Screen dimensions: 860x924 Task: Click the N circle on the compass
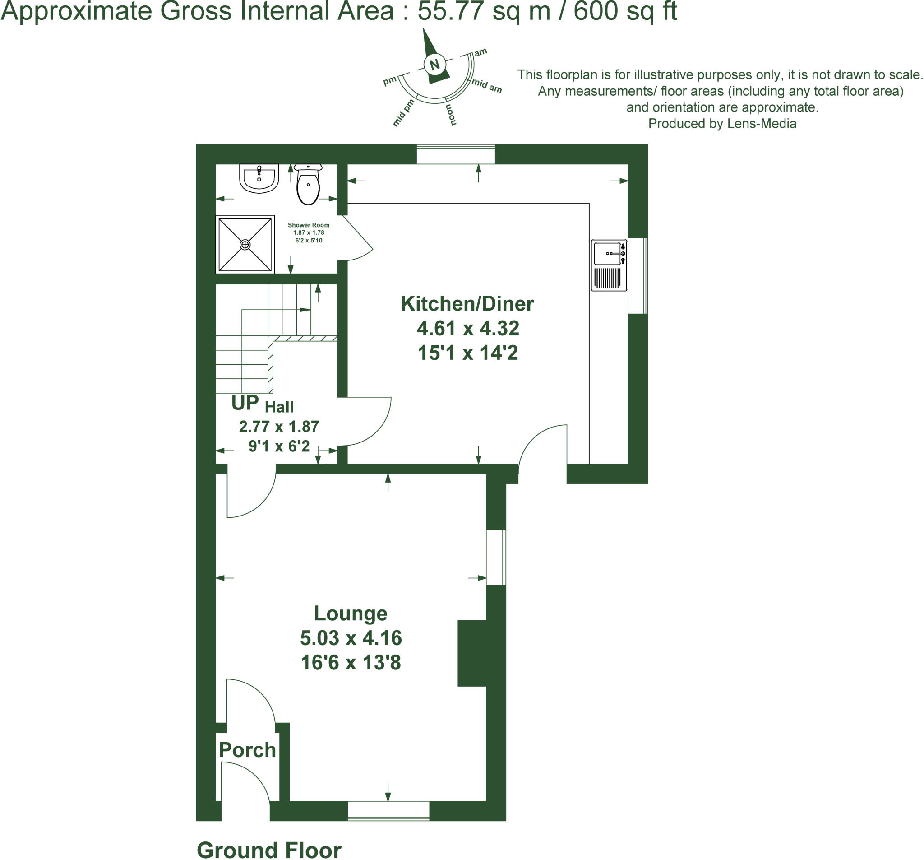(434, 64)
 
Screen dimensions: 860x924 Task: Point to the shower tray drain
(245, 245)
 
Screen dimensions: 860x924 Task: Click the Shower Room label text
(308, 225)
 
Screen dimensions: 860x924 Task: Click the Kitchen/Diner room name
(467, 304)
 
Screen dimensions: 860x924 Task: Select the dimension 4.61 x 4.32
(467, 329)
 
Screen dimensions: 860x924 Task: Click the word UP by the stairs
(245, 403)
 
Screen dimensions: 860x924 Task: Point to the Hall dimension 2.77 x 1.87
(279, 427)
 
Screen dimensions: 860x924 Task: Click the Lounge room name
(351, 614)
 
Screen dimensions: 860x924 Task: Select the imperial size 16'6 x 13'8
(351, 663)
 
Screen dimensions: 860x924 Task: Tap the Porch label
(247, 750)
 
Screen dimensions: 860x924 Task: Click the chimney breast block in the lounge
(472, 654)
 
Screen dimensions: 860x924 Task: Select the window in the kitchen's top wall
(456, 154)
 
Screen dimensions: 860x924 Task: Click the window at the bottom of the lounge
(388, 810)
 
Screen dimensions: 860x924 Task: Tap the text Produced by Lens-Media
(722, 124)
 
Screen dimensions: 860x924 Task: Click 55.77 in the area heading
(451, 11)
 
